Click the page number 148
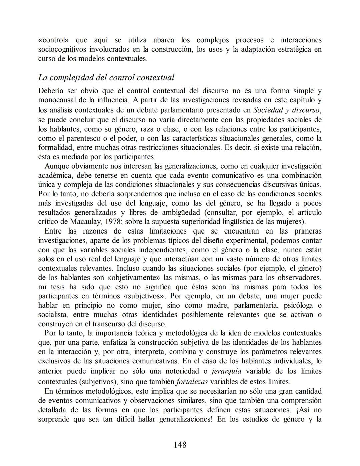tap(180, 445)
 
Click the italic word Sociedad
tap(268, 110)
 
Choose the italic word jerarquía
tap(227, 371)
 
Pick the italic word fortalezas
tap(192, 382)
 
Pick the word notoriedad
tap(182, 371)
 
